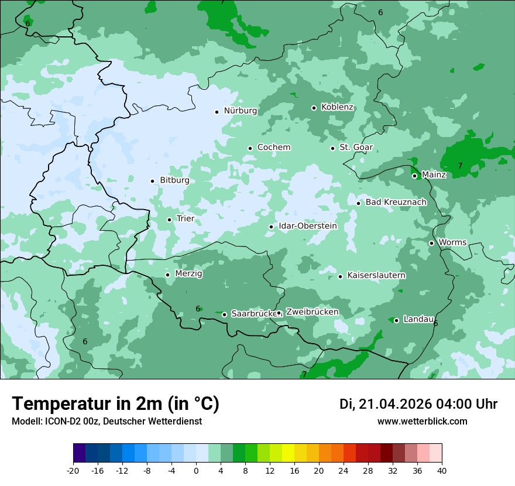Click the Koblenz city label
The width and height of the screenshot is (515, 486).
[337, 107]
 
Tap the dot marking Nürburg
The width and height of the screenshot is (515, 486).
[217, 111]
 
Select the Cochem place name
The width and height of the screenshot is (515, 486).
[274, 148]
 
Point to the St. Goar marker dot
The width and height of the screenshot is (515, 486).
[332, 148]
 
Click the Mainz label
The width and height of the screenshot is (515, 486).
[434, 175]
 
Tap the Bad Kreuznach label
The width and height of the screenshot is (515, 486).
[396, 203]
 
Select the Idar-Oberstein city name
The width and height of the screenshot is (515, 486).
[308, 226]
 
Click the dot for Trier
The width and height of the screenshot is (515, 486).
[169, 220]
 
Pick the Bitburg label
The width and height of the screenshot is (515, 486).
[174, 180]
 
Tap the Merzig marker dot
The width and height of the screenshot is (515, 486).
[167, 274]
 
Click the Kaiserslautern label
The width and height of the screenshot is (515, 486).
[376, 275]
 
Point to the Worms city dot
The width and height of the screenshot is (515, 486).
[431, 243]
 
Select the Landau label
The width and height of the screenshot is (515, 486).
[418, 320]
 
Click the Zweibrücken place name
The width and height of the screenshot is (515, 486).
[312, 312]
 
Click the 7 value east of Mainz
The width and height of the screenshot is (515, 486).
[460, 166]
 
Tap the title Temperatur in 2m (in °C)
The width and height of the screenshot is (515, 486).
[116, 404]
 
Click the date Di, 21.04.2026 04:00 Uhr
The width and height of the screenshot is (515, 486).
[418, 404]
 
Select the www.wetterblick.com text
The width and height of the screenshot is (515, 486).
[422, 422]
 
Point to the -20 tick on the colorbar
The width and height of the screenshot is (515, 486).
[73, 470]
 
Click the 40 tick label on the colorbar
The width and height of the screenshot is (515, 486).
[442, 470]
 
